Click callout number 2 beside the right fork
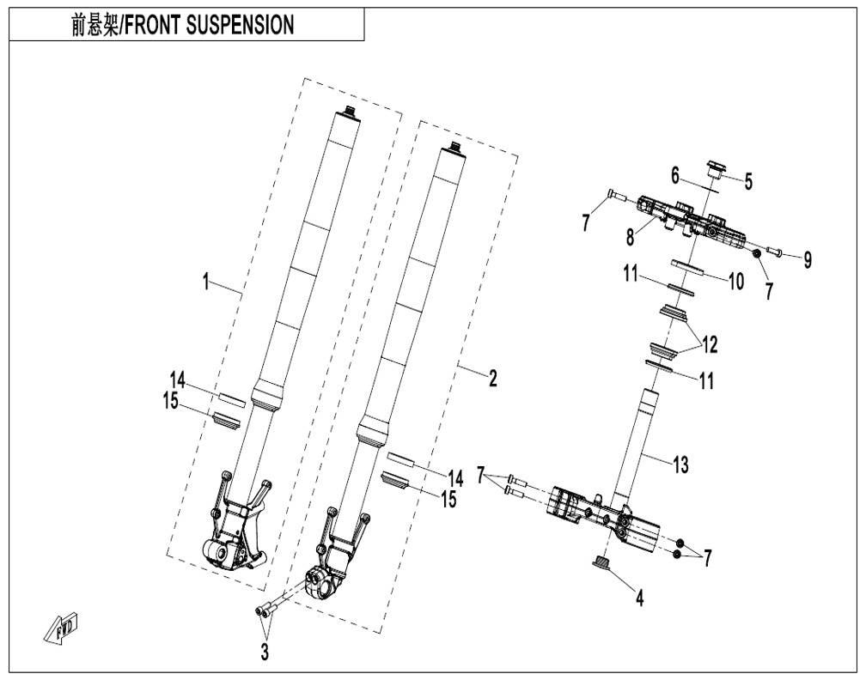tap(492, 379)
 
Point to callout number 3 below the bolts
tap(265, 653)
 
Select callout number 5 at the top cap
tap(748, 181)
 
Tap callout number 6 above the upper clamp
tap(675, 174)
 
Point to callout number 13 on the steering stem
tap(680, 466)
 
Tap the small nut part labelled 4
tap(601, 562)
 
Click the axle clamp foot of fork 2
tap(327, 582)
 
